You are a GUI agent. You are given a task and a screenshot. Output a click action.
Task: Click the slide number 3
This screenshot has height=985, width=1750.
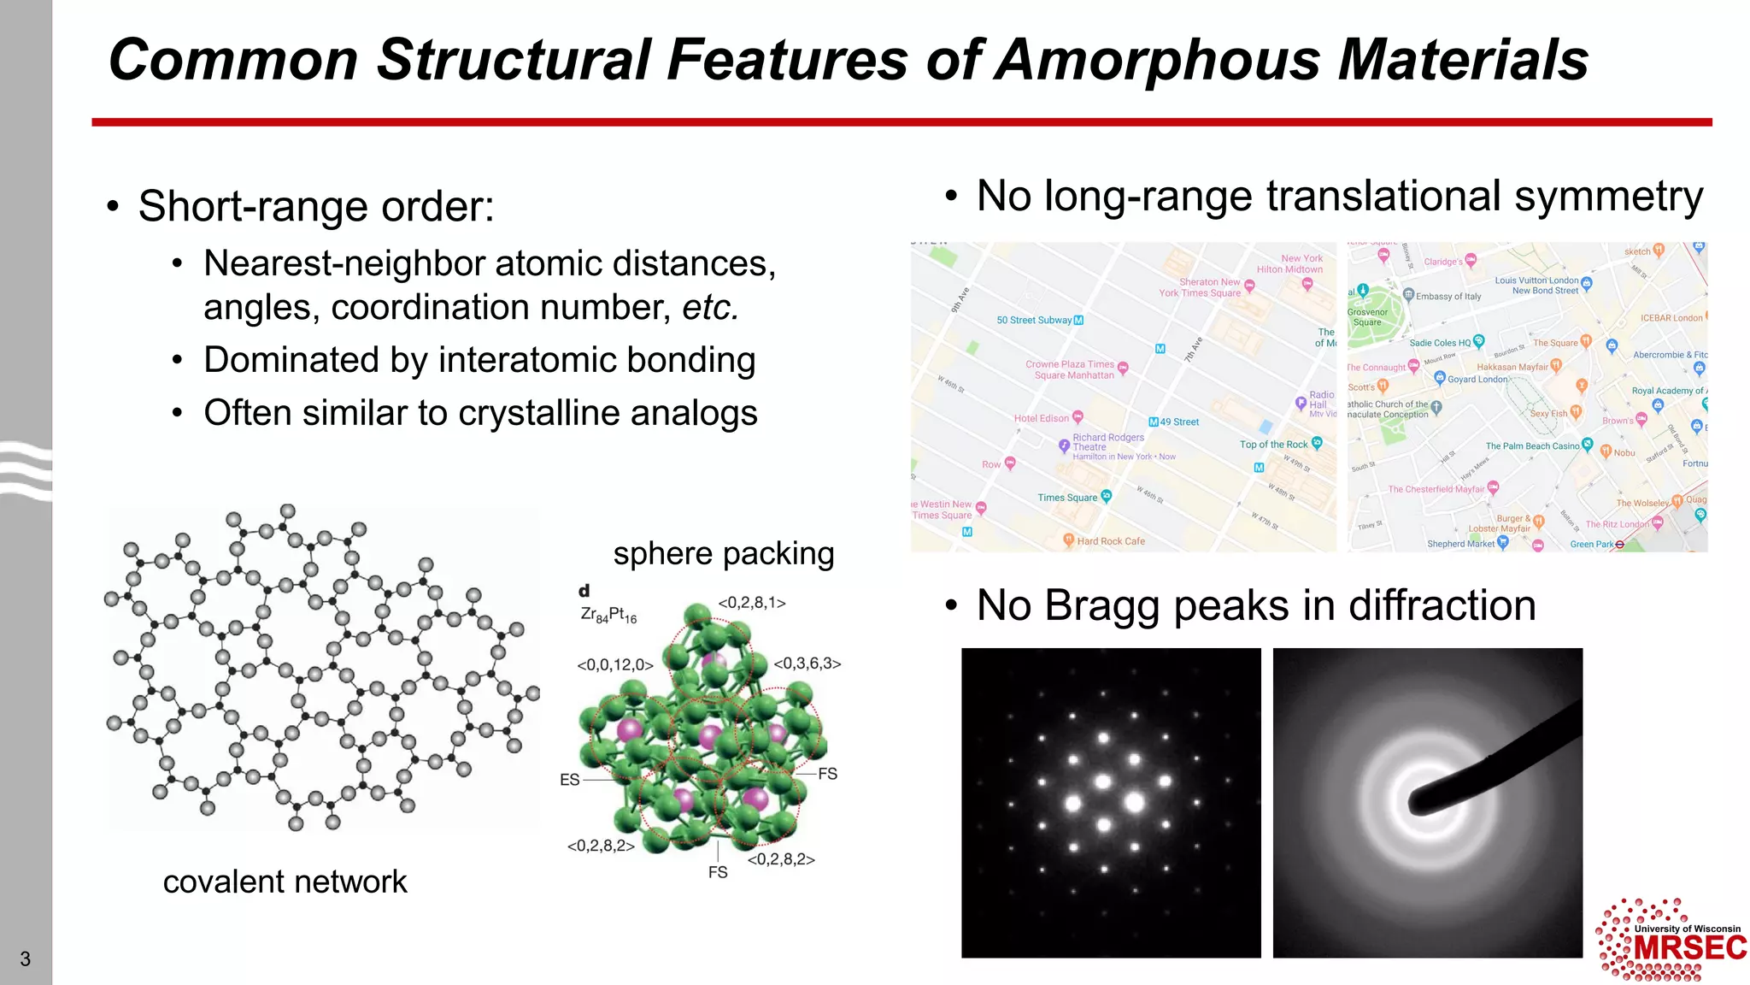point(26,959)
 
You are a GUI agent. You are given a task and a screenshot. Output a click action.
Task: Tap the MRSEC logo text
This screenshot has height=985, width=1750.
point(1689,948)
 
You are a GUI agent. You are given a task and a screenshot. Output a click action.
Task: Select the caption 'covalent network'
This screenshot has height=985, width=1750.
point(285,882)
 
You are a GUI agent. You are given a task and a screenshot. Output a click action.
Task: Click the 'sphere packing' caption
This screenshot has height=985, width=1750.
point(724,554)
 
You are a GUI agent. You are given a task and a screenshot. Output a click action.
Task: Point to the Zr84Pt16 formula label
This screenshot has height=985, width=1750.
point(608,615)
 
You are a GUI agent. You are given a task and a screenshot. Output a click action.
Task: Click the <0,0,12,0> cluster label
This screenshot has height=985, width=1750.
point(615,665)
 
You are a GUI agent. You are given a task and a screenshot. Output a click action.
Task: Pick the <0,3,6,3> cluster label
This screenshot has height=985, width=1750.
point(807,664)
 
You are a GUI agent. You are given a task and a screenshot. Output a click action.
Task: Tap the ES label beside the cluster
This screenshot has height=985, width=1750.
point(570,780)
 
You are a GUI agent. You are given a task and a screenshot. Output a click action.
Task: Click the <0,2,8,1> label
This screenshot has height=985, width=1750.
point(752,603)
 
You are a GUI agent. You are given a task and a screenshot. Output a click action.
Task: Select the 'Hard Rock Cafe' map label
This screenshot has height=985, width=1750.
point(1110,541)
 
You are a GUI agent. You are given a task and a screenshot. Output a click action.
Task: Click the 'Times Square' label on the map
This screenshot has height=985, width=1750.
point(1067,498)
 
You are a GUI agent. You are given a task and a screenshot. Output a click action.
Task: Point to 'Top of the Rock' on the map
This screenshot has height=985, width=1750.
point(1273,445)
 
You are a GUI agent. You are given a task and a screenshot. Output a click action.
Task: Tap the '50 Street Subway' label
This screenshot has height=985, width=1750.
point(1034,321)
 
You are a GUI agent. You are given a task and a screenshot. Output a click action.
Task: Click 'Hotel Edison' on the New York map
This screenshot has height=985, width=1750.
point(1042,418)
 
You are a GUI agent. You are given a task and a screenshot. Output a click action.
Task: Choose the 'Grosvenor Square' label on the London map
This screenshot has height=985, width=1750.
point(1367,317)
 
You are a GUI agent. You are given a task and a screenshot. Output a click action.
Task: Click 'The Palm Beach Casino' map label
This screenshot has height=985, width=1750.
point(1532,446)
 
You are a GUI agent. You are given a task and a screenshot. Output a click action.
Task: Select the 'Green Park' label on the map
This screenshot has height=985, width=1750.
point(1591,544)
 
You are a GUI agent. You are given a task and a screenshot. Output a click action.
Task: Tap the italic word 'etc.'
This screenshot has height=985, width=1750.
point(710,308)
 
